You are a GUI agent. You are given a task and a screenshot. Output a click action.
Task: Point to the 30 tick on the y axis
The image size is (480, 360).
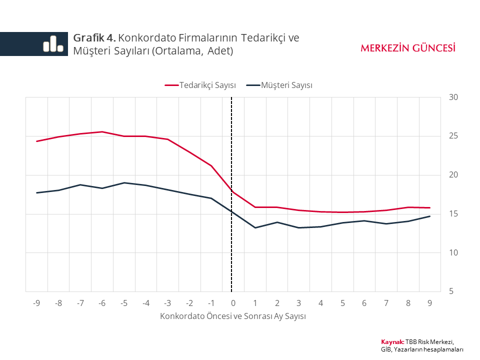click(453, 97)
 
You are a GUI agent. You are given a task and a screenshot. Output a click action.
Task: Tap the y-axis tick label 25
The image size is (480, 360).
click(453, 136)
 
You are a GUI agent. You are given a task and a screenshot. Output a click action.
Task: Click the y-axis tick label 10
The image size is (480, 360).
click(453, 252)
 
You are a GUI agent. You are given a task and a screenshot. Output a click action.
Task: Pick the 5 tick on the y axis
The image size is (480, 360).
click(452, 291)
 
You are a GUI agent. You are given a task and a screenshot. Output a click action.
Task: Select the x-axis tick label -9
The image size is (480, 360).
click(36, 303)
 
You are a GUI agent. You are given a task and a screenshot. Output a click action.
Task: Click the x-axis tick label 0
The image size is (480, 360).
click(233, 303)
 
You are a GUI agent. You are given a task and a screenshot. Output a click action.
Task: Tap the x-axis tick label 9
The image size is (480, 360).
click(429, 303)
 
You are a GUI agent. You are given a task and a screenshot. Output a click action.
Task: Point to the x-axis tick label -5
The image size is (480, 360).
click(124, 303)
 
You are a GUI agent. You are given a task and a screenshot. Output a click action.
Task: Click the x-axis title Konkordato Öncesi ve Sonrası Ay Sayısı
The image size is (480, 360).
click(233, 316)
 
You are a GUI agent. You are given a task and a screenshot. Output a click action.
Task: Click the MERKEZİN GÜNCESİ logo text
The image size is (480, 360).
click(408, 48)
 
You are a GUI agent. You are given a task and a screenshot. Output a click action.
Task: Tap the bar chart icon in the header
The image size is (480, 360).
click(53, 44)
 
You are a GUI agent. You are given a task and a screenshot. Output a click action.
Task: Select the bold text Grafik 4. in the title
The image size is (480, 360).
click(94, 38)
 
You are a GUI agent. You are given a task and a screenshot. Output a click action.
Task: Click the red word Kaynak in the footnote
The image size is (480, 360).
click(392, 341)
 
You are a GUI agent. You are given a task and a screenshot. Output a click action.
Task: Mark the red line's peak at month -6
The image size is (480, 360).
click(102, 132)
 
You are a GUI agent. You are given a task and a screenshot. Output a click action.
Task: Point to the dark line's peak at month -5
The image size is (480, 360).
click(124, 183)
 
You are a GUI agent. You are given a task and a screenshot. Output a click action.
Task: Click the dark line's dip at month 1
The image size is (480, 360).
click(255, 228)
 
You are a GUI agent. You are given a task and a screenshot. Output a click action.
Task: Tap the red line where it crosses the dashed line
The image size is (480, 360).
click(232, 191)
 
